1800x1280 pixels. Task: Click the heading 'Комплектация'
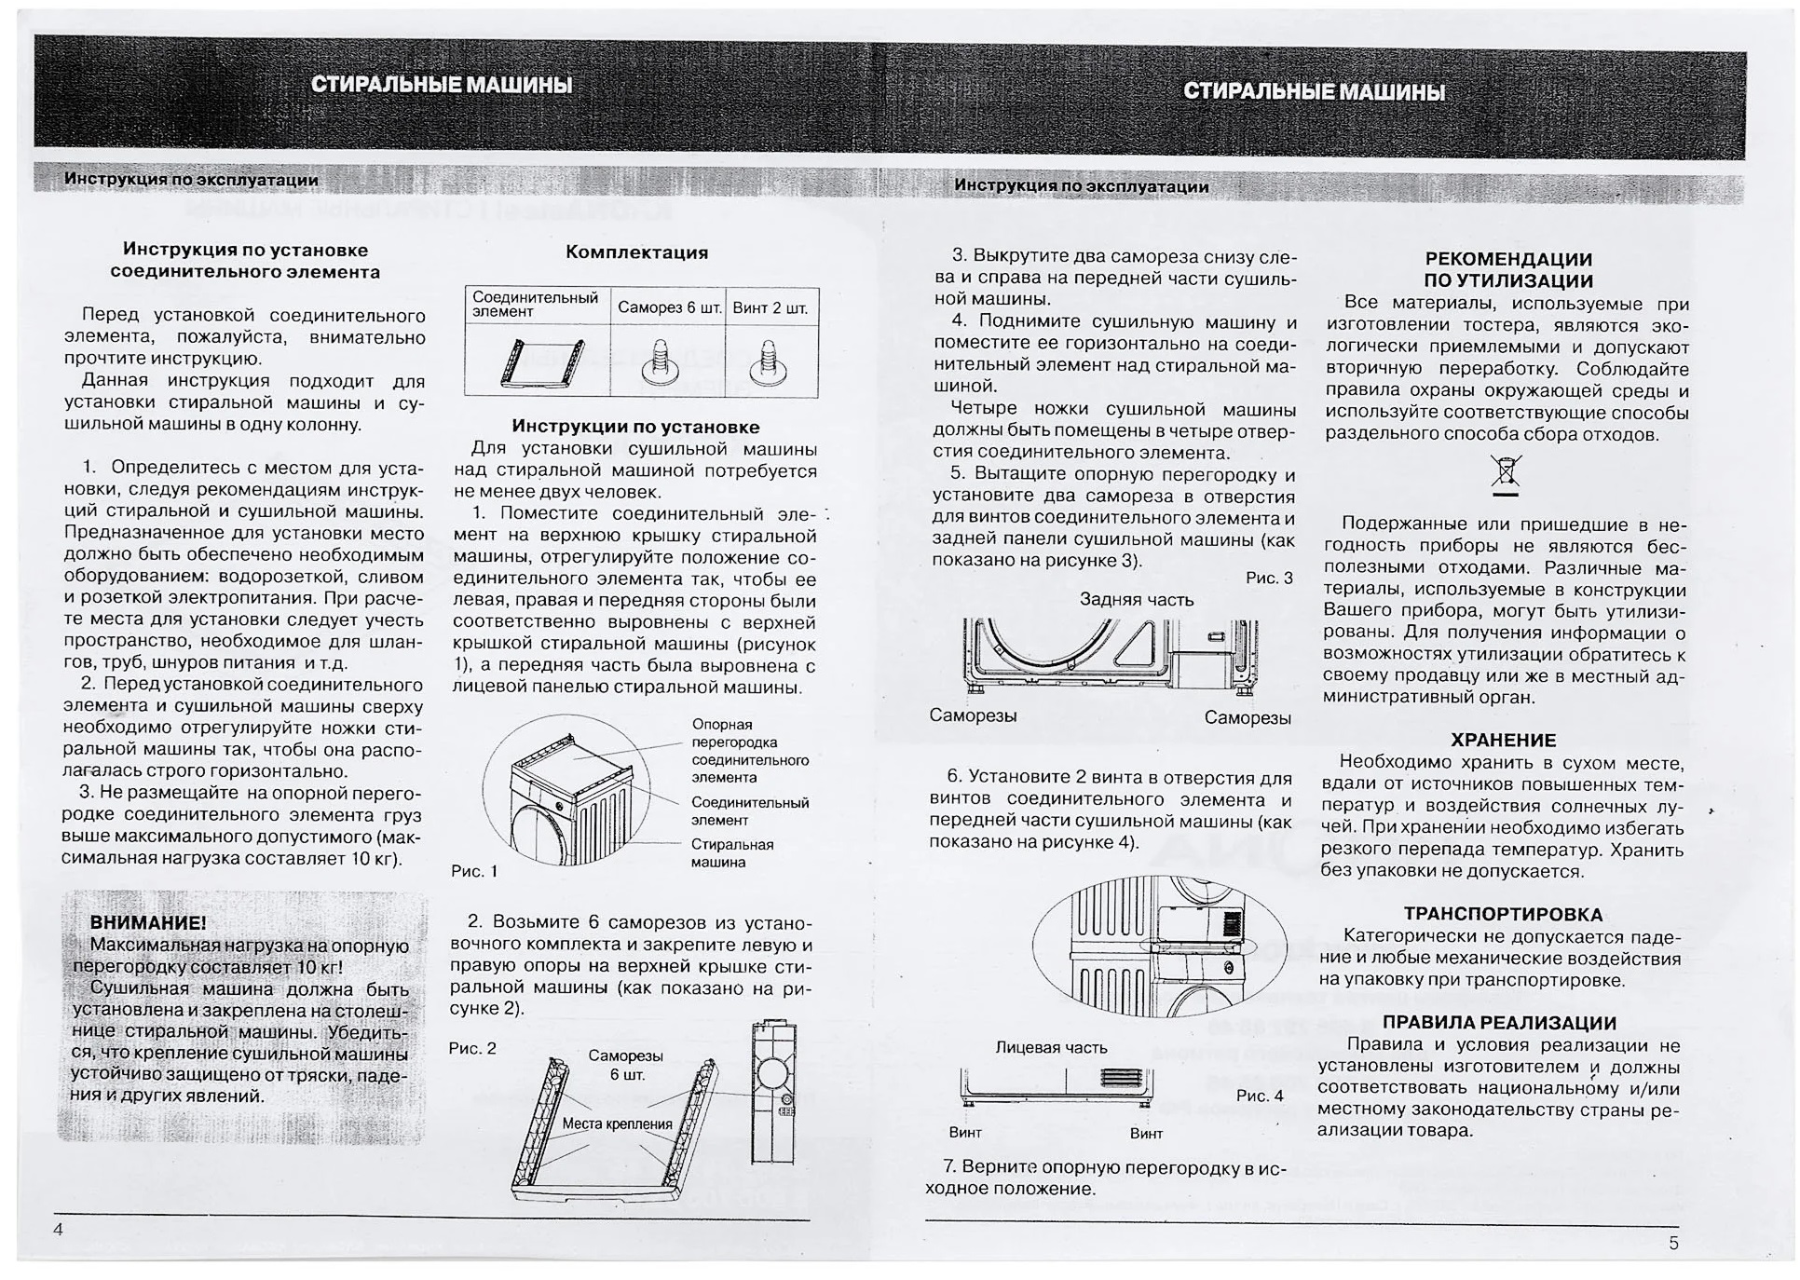click(x=636, y=252)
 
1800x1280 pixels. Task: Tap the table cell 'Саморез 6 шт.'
click(x=670, y=308)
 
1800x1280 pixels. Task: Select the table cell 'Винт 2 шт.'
click(x=770, y=308)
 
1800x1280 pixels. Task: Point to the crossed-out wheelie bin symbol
click(x=1505, y=471)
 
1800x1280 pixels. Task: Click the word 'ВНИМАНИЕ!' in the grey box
click(x=148, y=923)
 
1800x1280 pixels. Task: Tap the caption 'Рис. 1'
click(x=473, y=871)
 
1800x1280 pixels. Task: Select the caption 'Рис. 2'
click(x=472, y=1048)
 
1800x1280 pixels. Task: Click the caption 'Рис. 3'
click(x=1269, y=578)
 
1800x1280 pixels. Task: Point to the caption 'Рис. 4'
click(x=1259, y=1096)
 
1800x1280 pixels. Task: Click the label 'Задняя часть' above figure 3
click(x=1136, y=600)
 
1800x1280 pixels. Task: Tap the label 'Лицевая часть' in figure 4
click(x=1051, y=1047)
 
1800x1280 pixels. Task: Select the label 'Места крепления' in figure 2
click(x=617, y=1123)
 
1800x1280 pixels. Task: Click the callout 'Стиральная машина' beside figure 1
click(x=731, y=852)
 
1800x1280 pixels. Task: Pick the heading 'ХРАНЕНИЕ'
click(x=1503, y=741)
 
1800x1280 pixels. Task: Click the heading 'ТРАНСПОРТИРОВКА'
click(x=1503, y=915)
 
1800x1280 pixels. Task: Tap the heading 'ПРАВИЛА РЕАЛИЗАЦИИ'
click(x=1498, y=1023)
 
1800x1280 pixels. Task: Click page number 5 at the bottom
click(x=1673, y=1243)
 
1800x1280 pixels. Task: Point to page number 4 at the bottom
click(x=58, y=1229)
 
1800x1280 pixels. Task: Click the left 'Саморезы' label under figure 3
click(x=972, y=715)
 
